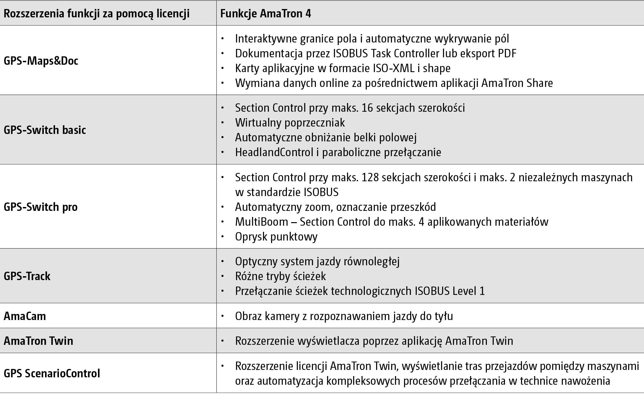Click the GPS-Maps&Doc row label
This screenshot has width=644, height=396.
[x=41, y=61]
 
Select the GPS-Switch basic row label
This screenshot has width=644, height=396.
[x=45, y=130]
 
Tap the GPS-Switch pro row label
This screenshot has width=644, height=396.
[x=41, y=207]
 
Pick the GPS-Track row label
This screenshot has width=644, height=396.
[x=27, y=276]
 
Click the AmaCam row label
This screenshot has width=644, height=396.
[x=25, y=316]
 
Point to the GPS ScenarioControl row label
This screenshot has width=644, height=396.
[x=52, y=373]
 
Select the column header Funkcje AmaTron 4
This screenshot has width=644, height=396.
[x=266, y=14]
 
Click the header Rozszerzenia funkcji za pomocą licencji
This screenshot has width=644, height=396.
[x=97, y=14]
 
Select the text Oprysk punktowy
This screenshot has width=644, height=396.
[x=276, y=237]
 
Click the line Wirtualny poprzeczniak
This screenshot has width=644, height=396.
[x=290, y=123]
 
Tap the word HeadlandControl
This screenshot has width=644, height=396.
[x=274, y=152]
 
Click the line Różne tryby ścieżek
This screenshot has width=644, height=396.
[x=280, y=276]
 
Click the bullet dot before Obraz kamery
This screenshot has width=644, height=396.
[x=222, y=316]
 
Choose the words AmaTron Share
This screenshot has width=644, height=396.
[x=517, y=83]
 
